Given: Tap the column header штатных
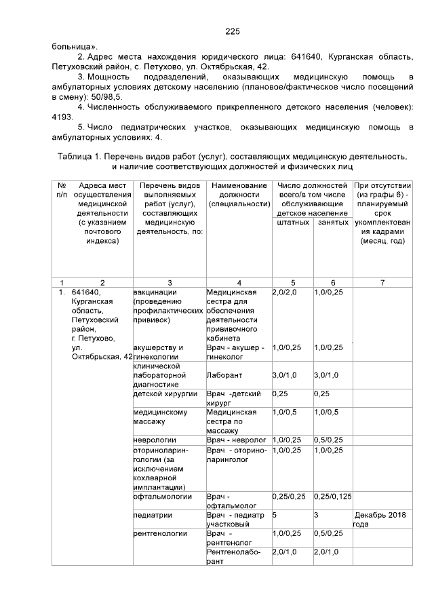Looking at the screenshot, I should pyautogui.click(x=292, y=222).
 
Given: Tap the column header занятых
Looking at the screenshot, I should pyautogui.click(x=332, y=222).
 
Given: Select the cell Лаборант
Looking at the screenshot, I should pyautogui.click(x=224, y=375).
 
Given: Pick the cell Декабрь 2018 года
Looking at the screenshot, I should pyautogui.click(x=380, y=519).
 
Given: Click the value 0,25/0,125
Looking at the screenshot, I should pyautogui.click(x=333, y=496).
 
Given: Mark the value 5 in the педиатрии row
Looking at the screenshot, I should pyautogui.click(x=274, y=515).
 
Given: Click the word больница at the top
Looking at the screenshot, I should pyautogui.click(x=73, y=47).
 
